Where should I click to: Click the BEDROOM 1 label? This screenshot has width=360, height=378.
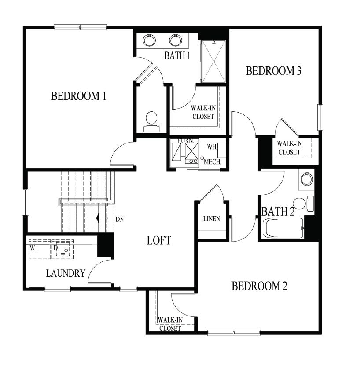coord(79,96)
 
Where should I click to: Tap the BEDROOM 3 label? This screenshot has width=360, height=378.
coord(273,71)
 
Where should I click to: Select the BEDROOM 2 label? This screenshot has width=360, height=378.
coord(259,286)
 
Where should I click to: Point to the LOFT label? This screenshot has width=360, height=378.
coord(158,240)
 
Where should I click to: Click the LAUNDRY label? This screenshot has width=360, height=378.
coord(66,273)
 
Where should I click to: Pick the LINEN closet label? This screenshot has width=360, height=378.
coord(212,219)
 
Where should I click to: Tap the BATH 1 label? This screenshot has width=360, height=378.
coord(177,56)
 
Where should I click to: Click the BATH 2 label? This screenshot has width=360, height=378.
coord(278,212)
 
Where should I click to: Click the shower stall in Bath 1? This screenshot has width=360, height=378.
coord(213,61)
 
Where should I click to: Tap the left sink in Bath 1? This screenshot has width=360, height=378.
coord(150,40)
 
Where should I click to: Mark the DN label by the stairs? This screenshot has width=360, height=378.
coord(119,219)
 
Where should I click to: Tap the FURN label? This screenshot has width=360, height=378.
coord(185,140)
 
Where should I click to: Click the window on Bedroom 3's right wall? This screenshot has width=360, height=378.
coord(320,118)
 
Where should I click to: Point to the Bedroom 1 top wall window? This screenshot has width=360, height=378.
coord(80,27)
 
